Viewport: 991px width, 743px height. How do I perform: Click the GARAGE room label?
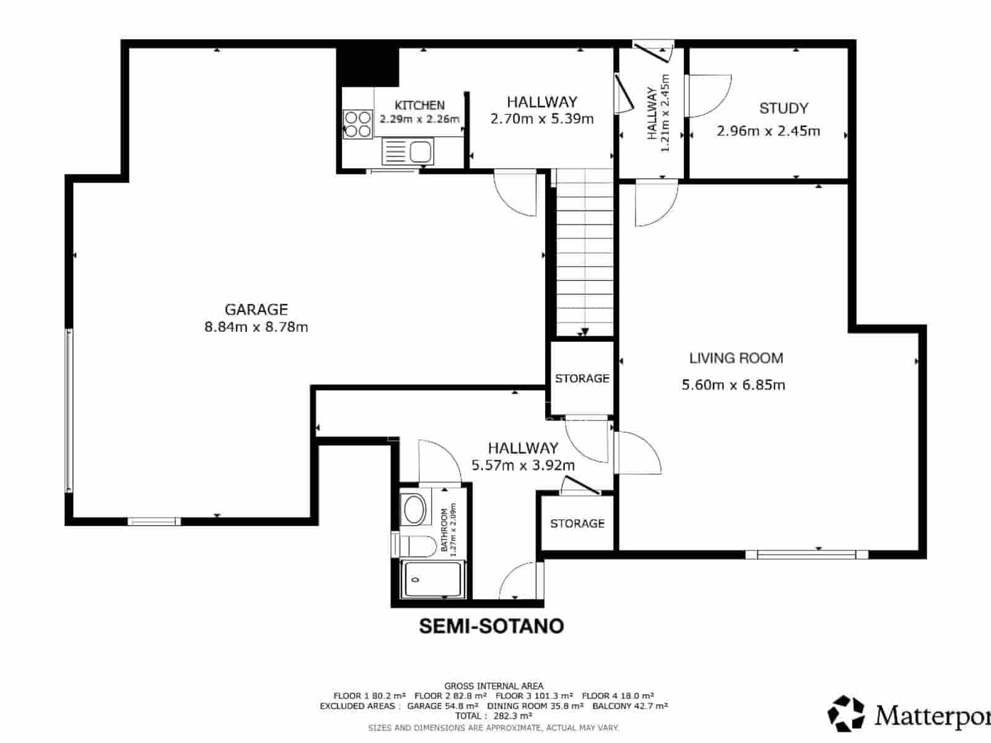(256, 309)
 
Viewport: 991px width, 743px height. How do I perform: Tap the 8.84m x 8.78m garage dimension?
(256, 327)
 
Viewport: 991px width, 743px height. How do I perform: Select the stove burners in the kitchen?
(357, 123)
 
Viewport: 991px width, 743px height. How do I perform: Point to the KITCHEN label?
(419, 105)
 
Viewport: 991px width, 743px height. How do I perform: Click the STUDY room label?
(784, 108)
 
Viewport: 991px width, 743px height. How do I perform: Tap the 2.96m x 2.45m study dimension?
(768, 131)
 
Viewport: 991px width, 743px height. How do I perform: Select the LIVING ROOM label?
(736, 358)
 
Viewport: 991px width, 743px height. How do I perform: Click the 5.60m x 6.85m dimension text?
(733, 385)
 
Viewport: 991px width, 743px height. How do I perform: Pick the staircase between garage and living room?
(584, 254)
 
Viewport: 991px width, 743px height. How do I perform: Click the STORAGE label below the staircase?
(582, 378)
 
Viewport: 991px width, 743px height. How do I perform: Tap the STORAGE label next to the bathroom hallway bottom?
(577, 523)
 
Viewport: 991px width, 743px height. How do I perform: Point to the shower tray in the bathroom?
(432, 580)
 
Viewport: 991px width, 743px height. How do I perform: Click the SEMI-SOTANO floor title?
(491, 626)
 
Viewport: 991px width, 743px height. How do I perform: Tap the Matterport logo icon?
(846, 713)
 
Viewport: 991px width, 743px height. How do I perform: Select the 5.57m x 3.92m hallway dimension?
(523, 465)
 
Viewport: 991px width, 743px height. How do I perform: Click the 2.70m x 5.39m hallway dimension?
(542, 118)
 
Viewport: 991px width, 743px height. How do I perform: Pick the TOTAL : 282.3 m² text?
(493, 716)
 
